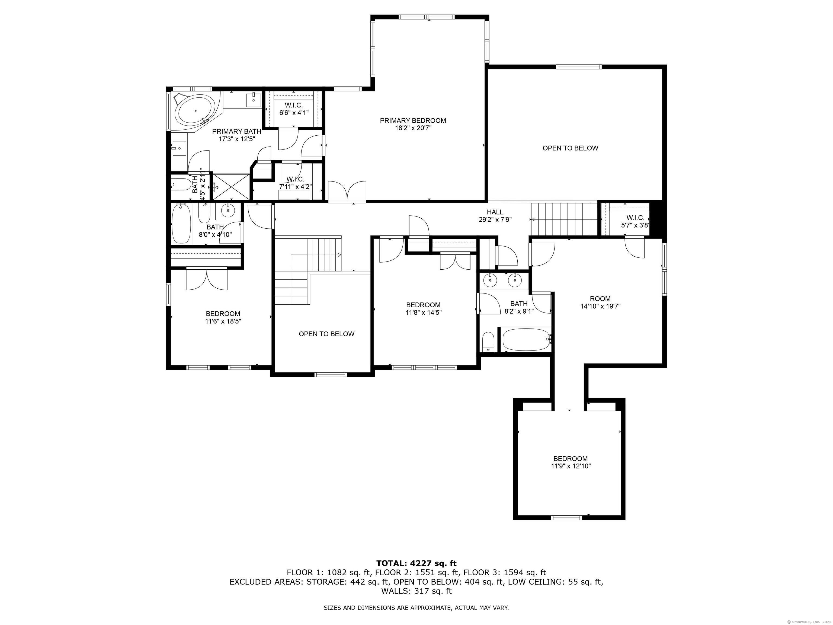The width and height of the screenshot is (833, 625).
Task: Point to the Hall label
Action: [495, 212]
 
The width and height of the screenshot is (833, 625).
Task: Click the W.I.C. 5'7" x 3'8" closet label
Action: [635, 222]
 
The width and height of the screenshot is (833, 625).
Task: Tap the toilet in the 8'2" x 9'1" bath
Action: [488, 342]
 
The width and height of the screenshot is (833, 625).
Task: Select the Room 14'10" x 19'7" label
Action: [600, 302]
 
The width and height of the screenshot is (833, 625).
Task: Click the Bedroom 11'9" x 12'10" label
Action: [571, 462]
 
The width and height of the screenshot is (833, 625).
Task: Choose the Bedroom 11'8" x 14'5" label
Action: [423, 308]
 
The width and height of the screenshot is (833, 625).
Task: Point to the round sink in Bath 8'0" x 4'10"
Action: [228, 211]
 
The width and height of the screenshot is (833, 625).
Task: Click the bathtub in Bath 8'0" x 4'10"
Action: [181, 224]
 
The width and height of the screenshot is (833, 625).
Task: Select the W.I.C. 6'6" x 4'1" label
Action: [294, 109]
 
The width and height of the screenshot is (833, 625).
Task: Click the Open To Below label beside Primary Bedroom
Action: [570, 148]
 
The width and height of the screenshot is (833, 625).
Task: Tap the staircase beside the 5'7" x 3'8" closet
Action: [564, 219]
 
